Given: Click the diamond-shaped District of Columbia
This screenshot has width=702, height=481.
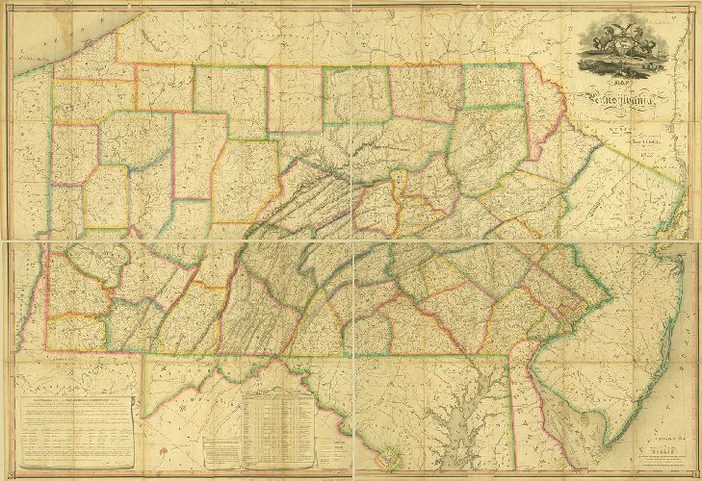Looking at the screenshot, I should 390,454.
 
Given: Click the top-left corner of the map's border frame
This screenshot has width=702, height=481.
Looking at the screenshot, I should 6,6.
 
